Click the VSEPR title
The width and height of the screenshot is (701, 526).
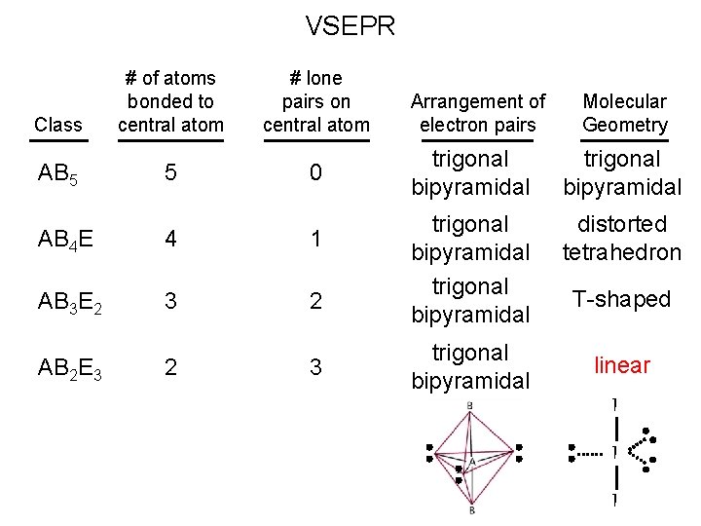(350, 25)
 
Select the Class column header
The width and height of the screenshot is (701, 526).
(57, 125)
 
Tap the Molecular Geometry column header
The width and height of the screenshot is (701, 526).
(624, 113)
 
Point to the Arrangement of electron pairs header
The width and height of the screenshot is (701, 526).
(478, 113)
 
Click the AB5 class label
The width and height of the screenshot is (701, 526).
(60, 173)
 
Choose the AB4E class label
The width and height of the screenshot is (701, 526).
(65, 239)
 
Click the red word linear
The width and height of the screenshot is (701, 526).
(622, 365)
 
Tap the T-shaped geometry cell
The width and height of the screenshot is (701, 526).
(621, 300)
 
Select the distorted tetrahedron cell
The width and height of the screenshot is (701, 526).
(622, 239)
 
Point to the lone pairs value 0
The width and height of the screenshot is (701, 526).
(315, 172)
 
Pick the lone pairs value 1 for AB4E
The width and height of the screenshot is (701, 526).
(315, 238)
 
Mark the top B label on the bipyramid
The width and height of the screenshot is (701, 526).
(470, 404)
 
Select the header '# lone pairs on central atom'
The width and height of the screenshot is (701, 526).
(315, 101)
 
